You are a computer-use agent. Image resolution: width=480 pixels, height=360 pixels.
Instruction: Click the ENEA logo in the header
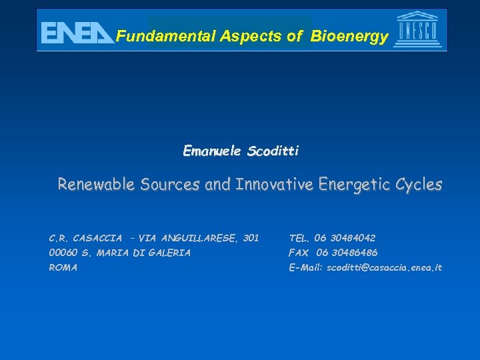[x=77, y=32]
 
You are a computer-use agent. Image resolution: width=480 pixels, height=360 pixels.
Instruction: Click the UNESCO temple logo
[x=418, y=30]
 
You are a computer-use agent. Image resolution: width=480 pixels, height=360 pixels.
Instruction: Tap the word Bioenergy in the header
[x=348, y=37]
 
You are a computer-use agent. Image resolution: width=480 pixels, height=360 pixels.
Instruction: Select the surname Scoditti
[x=273, y=151]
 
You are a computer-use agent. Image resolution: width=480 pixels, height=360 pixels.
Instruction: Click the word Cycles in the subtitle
[x=421, y=185]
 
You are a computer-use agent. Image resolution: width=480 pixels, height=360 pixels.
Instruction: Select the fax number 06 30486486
[x=347, y=253]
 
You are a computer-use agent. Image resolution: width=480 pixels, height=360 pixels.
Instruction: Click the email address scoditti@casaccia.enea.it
[x=384, y=267]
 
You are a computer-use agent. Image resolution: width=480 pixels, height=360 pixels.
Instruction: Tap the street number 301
[x=251, y=238]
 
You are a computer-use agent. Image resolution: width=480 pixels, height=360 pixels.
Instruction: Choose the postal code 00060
[x=63, y=253]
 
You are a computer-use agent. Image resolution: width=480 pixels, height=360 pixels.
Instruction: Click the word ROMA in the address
[x=63, y=267]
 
